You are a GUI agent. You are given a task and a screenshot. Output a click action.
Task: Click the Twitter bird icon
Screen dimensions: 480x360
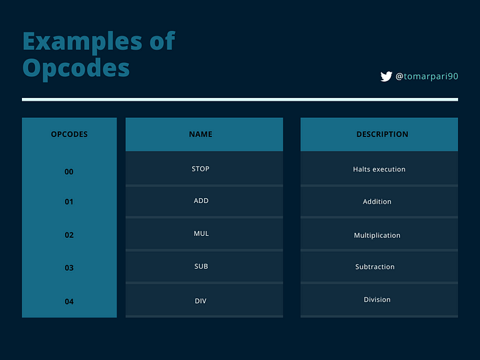[x=386, y=76]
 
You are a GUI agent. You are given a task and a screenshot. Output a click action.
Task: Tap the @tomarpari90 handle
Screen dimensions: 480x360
[x=427, y=76]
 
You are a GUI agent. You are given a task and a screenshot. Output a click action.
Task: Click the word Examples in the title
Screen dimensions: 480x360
[x=82, y=42]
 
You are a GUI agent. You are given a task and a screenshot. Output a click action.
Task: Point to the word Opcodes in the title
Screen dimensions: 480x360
[x=76, y=69]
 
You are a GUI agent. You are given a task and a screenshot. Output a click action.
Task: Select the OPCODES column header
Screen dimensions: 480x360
[x=69, y=134]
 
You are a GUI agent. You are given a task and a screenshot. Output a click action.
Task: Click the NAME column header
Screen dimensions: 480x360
[x=200, y=134]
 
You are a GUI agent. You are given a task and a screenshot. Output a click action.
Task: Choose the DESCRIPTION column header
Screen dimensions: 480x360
[x=382, y=134]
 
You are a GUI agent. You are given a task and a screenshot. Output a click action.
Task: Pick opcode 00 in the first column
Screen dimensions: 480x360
[x=69, y=171]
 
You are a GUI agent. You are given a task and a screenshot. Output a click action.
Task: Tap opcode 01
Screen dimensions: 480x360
[x=69, y=202]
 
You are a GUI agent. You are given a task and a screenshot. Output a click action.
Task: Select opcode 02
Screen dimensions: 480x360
[x=69, y=235]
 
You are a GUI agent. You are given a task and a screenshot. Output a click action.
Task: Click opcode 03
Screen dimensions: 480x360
[x=69, y=268]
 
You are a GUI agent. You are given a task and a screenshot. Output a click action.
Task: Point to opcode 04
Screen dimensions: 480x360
[x=69, y=302]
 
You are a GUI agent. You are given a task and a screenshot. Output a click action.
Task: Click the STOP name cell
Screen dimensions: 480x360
[x=204, y=169]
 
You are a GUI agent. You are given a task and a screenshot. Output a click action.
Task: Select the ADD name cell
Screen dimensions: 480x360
[x=204, y=201]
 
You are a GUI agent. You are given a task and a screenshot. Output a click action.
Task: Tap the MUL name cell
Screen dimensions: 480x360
[x=204, y=234]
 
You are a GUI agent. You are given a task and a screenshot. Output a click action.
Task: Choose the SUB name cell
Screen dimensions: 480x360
[x=204, y=266]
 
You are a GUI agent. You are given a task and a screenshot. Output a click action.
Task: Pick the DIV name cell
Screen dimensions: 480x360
[x=204, y=300]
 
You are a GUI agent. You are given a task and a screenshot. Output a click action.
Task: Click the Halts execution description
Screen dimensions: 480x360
[x=379, y=169]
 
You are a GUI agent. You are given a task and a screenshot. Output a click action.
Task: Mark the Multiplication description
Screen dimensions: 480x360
[x=377, y=235]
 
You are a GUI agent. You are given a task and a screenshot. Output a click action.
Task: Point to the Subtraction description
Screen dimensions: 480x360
[x=375, y=267]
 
